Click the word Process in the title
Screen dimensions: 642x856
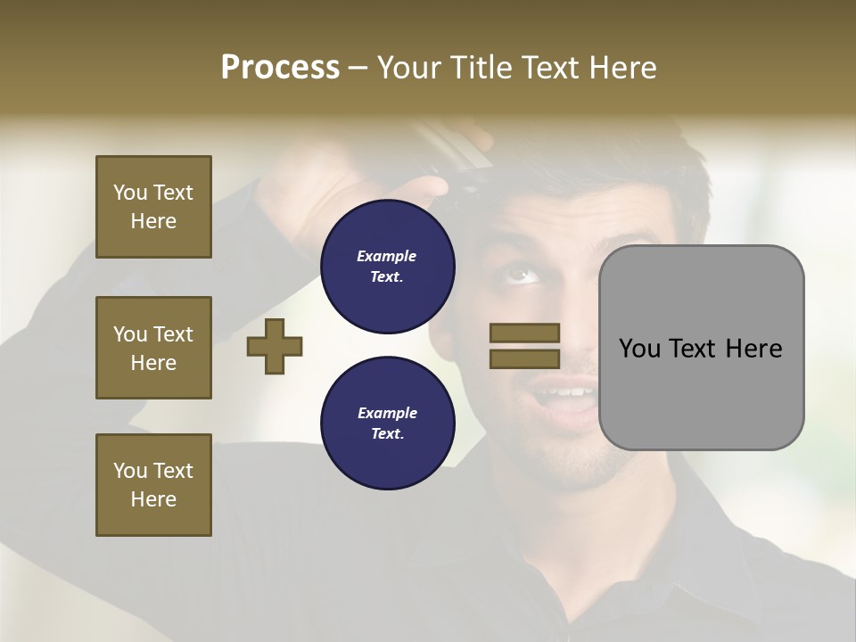[x=280, y=68]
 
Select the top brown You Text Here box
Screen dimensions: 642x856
[x=153, y=207]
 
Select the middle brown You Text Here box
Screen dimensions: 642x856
[x=153, y=348]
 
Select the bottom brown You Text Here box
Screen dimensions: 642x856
[x=153, y=485]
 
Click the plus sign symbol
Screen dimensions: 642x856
[x=275, y=346]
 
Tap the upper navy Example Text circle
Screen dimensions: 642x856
[x=387, y=267]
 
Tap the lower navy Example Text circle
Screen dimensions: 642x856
[x=387, y=424]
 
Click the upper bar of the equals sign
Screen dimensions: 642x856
[x=524, y=333]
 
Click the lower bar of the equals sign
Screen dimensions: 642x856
[x=524, y=359]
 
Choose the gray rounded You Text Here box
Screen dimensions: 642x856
[x=701, y=348]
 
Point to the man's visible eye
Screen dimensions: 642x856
[x=523, y=274]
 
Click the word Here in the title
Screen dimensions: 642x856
[x=622, y=68]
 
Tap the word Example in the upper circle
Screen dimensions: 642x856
[x=387, y=256]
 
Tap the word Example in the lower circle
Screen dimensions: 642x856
[x=387, y=413]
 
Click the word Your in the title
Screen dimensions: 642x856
[x=408, y=68]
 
